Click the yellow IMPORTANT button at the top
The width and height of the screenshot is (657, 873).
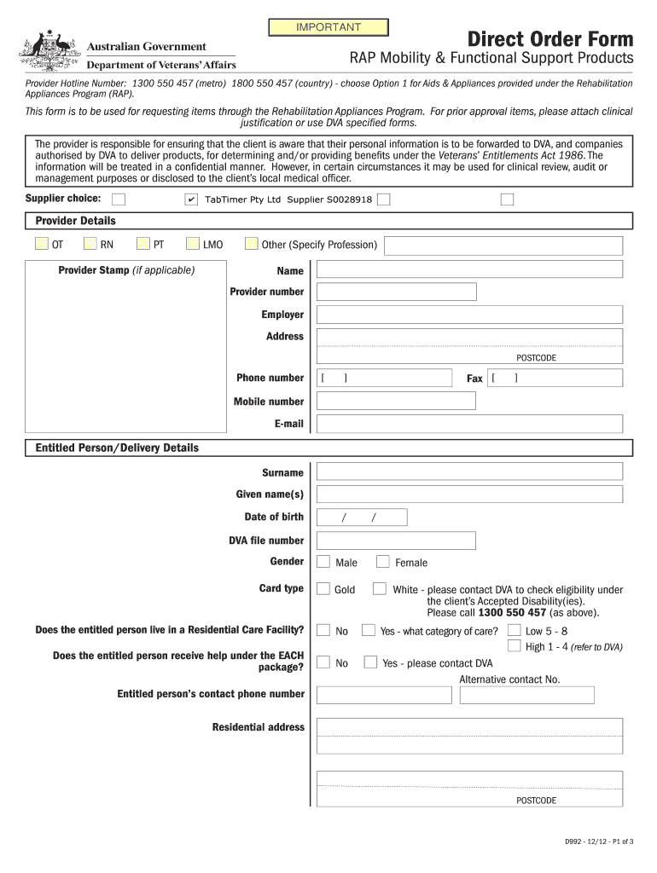pos(328,28)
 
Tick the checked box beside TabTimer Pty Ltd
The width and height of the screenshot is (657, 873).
pos(191,199)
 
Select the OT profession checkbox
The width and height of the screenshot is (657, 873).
pos(42,245)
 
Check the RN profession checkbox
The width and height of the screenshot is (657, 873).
pos(90,245)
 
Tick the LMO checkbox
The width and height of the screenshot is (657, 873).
pos(193,245)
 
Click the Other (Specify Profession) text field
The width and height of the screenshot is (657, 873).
pos(503,246)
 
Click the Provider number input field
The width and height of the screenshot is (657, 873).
pos(396,292)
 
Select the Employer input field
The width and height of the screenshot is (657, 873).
pos(469,315)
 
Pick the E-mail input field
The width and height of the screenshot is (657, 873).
pos(469,424)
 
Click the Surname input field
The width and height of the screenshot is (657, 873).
pos(469,472)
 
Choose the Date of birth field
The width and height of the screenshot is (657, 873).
pos(362,517)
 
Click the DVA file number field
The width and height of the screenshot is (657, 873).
pos(396,541)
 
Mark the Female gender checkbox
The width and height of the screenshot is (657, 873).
pos(383,562)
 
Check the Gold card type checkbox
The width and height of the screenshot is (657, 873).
pos(323,589)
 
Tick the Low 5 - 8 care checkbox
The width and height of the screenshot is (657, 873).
pos(514,631)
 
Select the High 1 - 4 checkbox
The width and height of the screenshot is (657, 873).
pos(514,646)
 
